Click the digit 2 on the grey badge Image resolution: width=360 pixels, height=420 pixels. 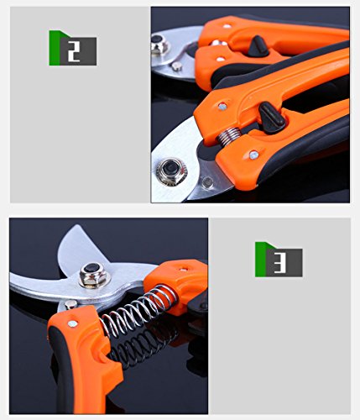(x=74, y=51)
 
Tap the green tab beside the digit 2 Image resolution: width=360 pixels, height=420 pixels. (x=55, y=48)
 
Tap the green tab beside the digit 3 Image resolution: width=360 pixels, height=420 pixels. (x=261, y=260)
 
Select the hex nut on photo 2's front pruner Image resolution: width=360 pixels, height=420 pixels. (x=170, y=171)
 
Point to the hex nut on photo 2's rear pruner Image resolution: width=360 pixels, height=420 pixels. (x=159, y=45)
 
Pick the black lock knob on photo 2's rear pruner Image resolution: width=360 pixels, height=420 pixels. (x=258, y=46)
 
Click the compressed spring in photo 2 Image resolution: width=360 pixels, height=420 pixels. (x=229, y=135)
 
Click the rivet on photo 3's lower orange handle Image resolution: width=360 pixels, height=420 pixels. (x=72, y=323)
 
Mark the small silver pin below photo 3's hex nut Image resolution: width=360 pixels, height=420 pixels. (x=70, y=304)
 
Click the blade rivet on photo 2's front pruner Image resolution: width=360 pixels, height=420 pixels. (x=208, y=182)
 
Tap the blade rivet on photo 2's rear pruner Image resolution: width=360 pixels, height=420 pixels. (x=176, y=66)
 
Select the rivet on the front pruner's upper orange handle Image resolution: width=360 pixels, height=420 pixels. (x=222, y=106)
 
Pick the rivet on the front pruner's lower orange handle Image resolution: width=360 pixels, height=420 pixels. (x=254, y=155)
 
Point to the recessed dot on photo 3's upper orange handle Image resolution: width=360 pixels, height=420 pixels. (x=184, y=270)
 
